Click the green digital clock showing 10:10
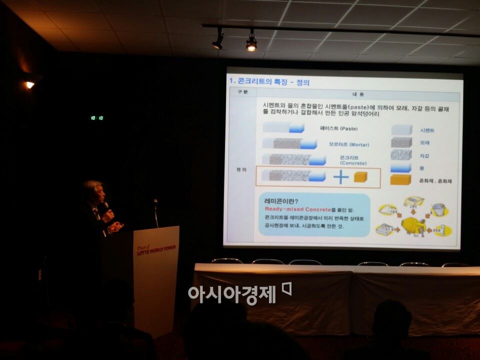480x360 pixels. [97, 118]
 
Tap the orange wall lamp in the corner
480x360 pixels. [30, 84]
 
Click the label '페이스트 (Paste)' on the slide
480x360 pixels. [339, 128]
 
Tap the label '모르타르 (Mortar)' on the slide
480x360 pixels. [348, 144]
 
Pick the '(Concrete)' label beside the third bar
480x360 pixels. [353, 163]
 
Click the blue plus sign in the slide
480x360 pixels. [340, 176]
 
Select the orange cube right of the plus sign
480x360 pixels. [360, 176]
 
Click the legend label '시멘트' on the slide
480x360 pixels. [427, 130]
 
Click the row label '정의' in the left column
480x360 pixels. [241, 169]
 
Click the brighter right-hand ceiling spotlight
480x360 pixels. [251, 45]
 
